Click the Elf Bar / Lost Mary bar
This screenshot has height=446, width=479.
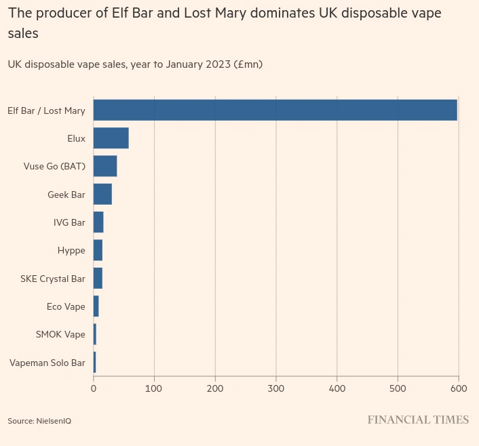coord(275,110)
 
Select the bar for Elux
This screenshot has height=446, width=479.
coord(111,138)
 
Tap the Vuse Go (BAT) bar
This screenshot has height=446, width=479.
coord(105,166)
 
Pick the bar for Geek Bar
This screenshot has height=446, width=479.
coord(102,195)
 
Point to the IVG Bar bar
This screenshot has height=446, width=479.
coord(98,222)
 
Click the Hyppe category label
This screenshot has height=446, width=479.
coord(71,251)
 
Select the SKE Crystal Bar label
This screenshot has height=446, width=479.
coord(52,279)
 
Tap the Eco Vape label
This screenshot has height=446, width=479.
coord(66,307)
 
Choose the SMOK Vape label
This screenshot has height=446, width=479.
coord(60,335)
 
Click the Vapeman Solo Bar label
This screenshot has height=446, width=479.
coord(47,363)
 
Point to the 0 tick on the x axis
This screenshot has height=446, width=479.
coord(94,388)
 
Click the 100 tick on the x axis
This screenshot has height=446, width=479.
coord(154,388)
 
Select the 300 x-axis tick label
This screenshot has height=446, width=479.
coord(276,388)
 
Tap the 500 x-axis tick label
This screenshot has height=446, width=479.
coord(398,388)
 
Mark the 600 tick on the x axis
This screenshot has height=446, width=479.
coord(459,388)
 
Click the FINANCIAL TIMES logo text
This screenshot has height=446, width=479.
coord(418,420)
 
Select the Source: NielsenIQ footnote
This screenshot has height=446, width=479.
coord(39,421)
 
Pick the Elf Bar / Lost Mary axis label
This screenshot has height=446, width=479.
coord(46,110)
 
